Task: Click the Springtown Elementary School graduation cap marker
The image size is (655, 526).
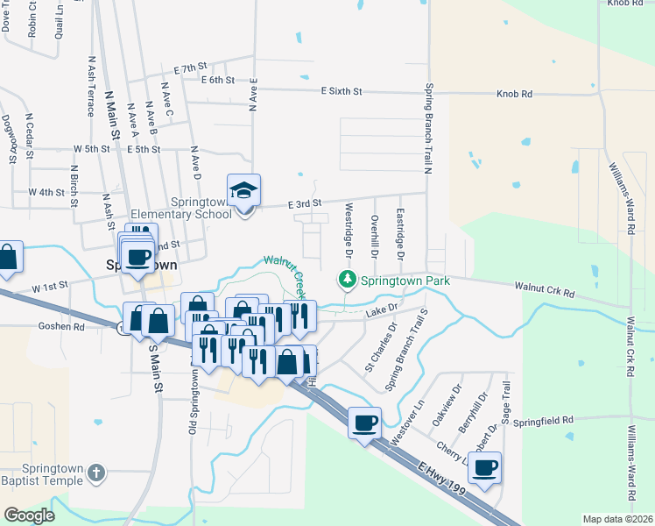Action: pos(243,190)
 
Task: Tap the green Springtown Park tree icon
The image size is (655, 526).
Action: pos(348,280)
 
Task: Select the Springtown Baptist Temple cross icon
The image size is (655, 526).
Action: pos(96,473)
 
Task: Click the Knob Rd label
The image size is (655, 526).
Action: pos(514,93)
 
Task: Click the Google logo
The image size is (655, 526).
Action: pos(29,515)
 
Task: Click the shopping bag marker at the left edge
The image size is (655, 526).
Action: pos(8,258)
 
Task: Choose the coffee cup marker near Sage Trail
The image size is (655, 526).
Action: pos(484,466)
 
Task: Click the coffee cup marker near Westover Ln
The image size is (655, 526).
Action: pos(364,423)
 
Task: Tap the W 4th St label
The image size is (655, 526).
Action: pos(46,192)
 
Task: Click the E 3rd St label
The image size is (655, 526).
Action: pos(306,204)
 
